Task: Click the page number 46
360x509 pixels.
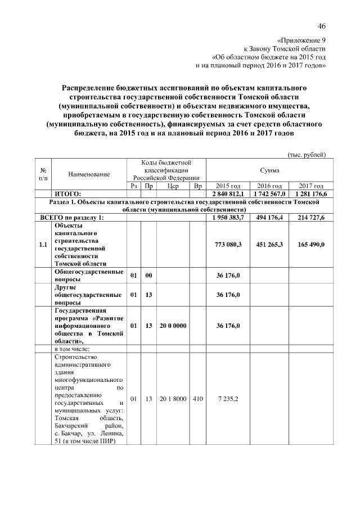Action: point(321,26)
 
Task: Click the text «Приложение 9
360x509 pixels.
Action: point(301,40)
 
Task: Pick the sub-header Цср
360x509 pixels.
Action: point(173,186)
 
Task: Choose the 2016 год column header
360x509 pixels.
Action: point(269,186)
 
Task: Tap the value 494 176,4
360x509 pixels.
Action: point(269,217)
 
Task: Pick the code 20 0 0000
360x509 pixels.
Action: point(173,326)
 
